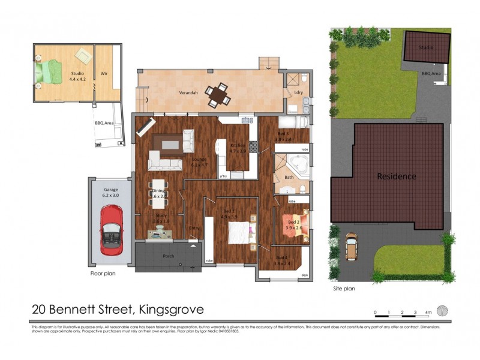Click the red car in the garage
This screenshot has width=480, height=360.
(x=111, y=228)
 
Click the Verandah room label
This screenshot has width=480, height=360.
(x=188, y=94)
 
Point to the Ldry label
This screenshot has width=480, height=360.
(x=298, y=92)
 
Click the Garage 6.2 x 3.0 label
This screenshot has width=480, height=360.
(x=111, y=192)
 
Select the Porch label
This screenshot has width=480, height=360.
(x=168, y=256)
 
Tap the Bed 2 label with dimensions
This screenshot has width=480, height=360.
(x=292, y=224)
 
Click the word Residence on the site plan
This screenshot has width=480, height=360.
(x=396, y=176)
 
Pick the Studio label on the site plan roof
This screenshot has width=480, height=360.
(x=425, y=47)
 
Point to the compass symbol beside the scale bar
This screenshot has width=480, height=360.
(x=442, y=310)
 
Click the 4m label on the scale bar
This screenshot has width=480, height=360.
(x=428, y=313)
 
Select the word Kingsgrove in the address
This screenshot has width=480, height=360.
(x=171, y=310)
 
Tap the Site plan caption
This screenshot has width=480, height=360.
(x=344, y=289)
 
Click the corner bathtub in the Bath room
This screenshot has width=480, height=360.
(x=298, y=164)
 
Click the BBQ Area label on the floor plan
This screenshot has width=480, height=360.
(x=104, y=122)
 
